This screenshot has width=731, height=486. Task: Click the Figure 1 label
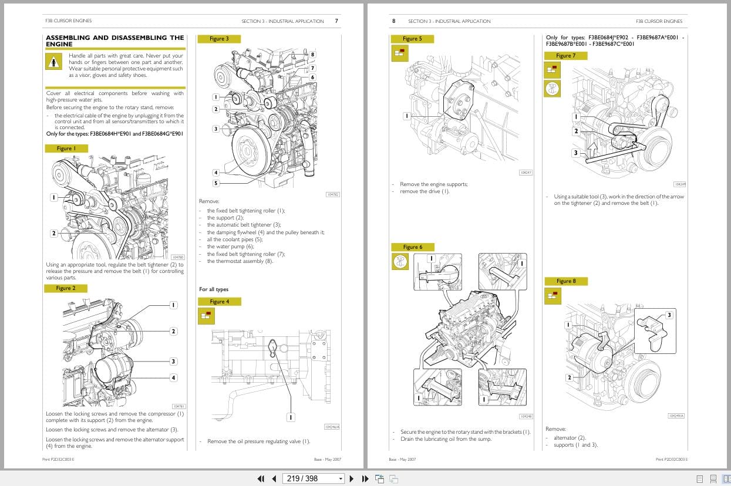(x=66, y=148)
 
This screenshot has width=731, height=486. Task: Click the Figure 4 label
(x=220, y=301)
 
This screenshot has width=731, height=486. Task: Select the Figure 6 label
(x=412, y=247)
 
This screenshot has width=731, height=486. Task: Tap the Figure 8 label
(x=566, y=281)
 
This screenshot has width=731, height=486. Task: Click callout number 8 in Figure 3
(x=312, y=55)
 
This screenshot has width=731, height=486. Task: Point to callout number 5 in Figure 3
(x=215, y=183)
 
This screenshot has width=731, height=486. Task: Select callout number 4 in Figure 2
(x=173, y=377)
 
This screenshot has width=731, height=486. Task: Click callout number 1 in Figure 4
(x=290, y=417)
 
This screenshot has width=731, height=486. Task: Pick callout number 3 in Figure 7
(x=575, y=153)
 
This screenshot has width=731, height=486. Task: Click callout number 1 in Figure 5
(x=406, y=116)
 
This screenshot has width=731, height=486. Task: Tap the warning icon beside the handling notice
(x=53, y=61)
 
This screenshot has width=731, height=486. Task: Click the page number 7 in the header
(x=336, y=21)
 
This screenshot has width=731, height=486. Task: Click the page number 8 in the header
(x=394, y=21)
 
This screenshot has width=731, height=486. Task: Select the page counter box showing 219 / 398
(x=313, y=478)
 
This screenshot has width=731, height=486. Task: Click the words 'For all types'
(x=214, y=289)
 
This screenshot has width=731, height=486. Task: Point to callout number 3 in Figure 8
(x=669, y=315)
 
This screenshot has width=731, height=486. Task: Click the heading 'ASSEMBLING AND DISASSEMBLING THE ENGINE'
(x=114, y=41)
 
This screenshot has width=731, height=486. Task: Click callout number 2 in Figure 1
(x=53, y=233)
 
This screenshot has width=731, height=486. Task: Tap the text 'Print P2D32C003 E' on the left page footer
(x=59, y=459)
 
